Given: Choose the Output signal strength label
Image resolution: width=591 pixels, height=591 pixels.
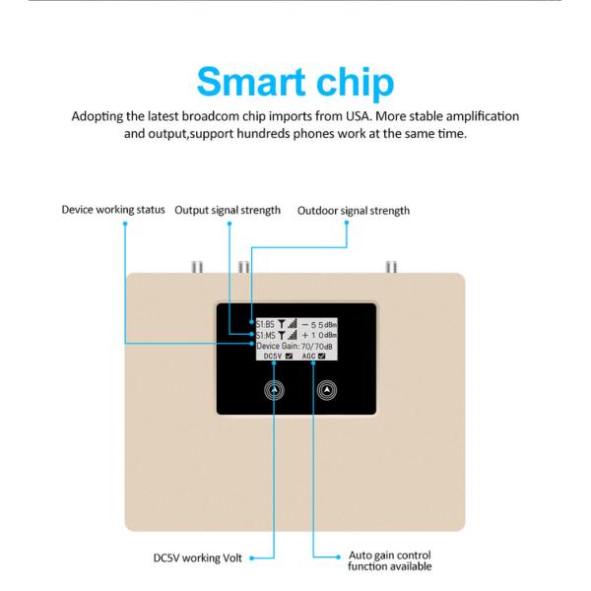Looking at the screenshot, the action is pos(228,210).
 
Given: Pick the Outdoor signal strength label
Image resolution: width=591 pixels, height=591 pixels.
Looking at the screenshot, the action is pos(354,210).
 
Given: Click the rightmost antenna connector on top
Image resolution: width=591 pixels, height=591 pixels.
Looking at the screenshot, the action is pos(391,266).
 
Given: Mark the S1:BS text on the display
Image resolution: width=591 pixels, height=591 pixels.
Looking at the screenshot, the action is pos(266,322).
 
